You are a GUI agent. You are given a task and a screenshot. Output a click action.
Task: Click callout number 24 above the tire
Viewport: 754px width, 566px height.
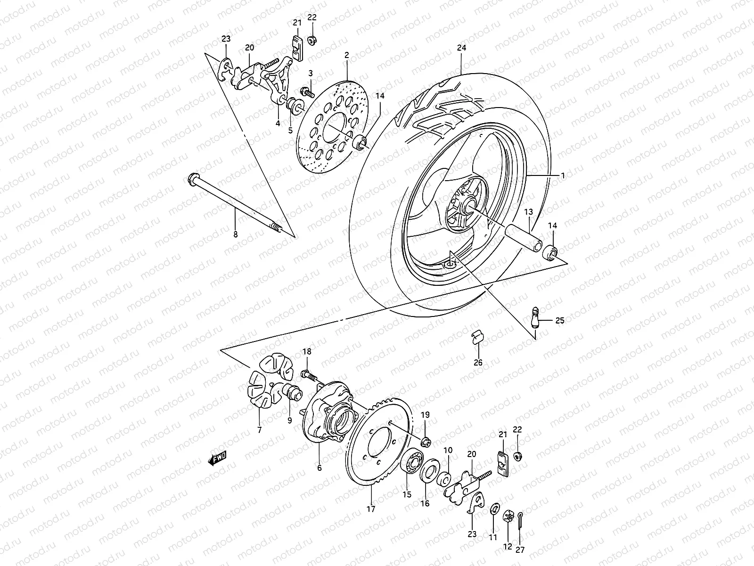click(x=461, y=48)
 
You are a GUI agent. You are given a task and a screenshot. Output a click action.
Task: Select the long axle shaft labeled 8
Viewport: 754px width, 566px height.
click(x=236, y=203)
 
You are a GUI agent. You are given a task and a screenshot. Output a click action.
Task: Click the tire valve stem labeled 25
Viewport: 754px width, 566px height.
click(x=534, y=317)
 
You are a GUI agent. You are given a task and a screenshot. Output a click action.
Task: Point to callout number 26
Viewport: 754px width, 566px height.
click(x=478, y=363)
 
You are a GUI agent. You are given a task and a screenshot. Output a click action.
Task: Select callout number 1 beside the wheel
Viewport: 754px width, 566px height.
click(x=562, y=175)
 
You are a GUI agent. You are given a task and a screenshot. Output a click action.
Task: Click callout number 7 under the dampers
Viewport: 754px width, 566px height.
click(x=259, y=430)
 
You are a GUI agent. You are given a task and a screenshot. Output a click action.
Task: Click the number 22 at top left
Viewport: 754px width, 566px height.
click(x=312, y=17)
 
